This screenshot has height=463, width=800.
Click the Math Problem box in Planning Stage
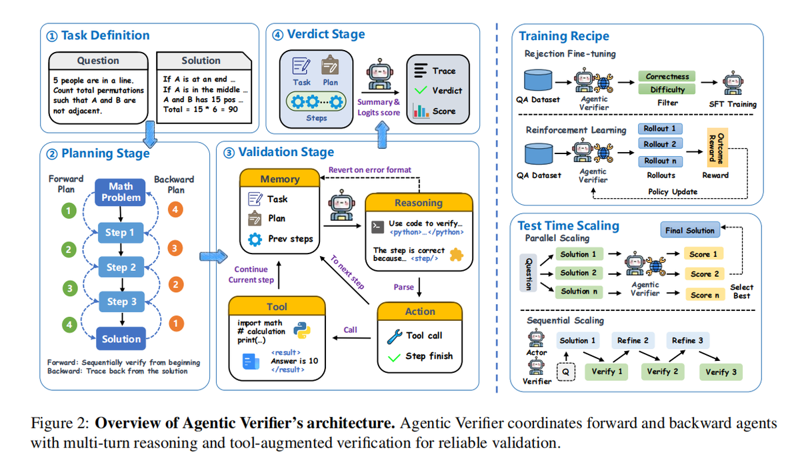121,191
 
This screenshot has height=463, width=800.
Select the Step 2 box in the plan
121,267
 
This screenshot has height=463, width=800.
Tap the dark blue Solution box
121,339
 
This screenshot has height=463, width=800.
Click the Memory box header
279,179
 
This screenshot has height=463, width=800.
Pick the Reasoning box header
419,202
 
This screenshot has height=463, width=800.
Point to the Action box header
420,312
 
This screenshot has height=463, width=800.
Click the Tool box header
277,306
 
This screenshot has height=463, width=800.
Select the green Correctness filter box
667,77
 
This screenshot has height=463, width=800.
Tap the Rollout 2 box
659,144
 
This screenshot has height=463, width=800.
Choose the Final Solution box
689,230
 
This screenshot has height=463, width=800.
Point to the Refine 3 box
687,340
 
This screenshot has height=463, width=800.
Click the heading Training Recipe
564,36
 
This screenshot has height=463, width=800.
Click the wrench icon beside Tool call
394,335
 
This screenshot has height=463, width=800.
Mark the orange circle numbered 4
174,210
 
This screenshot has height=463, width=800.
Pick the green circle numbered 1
67,211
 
